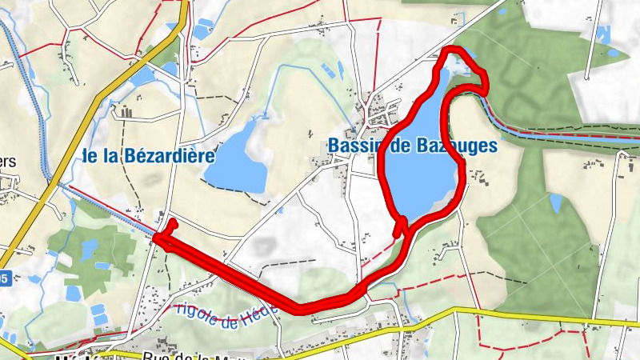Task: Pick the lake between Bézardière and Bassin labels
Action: [x=244, y=156]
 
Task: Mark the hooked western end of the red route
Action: [x=170, y=226]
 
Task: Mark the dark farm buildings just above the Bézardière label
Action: [x=125, y=110]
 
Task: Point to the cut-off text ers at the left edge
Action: [x=8, y=160]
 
